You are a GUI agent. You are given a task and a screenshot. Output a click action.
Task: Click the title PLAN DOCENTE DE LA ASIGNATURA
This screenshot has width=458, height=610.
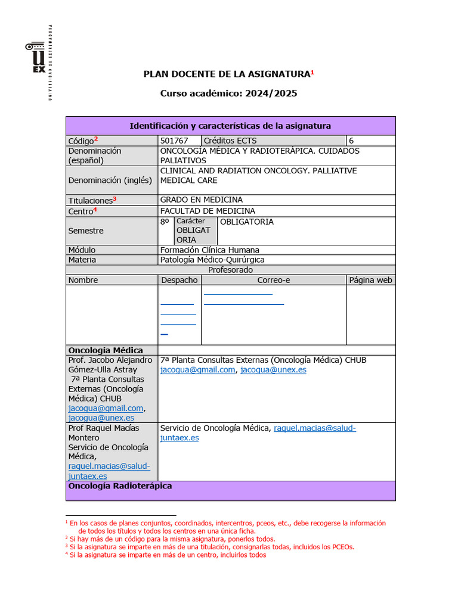pyautogui.click(x=227, y=74)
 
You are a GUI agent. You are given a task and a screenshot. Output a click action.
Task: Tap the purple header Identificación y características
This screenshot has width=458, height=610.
pyautogui.click(x=230, y=126)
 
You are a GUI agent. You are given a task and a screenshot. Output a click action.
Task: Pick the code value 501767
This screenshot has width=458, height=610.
pyautogui.click(x=174, y=141)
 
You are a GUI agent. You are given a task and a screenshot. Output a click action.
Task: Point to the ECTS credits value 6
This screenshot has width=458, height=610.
pyautogui.click(x=351, y=141)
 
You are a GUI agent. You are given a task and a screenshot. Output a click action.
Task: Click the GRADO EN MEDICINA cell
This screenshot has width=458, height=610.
pyautogui.click(x=202, y=200)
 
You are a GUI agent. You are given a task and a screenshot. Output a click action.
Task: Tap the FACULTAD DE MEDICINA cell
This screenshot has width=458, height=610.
pyautogui.click(x=208, y=211)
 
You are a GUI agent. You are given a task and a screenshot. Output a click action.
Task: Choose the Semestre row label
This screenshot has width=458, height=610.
pyautogui.click(x=86, y=231)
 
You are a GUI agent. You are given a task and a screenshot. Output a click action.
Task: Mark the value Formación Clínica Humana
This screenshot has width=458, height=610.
pyautogui.click(x=210, y=250)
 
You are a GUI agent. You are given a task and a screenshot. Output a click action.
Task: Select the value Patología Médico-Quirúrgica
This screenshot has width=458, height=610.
pyautogui.click(x=212, y=260)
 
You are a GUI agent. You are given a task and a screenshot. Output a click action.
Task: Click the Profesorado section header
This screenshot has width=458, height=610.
pyautogui.click(x=230, y=270)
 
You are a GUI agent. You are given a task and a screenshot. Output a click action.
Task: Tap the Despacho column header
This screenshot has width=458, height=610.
pyautogui.click(x=180, y=280)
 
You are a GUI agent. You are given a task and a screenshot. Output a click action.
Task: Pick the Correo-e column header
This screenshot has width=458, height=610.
pyautogui.click(x=274, y=280)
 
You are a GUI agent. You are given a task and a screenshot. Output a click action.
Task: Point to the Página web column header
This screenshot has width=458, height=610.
pyautogui.click(x=370, y=280)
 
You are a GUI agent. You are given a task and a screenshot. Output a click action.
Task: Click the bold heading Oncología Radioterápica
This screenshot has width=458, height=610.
pyautogui.click(x=120, y=486)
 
